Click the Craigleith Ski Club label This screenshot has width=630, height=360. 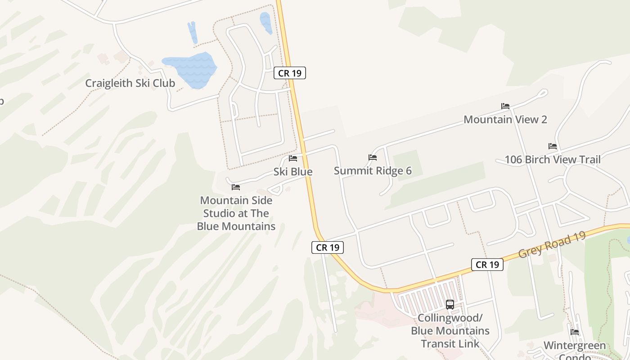[x=130, y=83]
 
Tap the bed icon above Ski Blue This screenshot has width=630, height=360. [x=293, y=158]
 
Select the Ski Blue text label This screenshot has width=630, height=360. [x=293, y=172]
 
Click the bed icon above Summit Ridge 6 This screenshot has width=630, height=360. [x=373, y=157]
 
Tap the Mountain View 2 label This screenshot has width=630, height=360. [x=505, y=120]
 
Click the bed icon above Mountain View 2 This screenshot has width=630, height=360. [x=505, y=106]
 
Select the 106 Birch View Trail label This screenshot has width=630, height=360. [x=553, y=160]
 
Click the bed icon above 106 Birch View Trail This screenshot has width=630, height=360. [x=553, y=146]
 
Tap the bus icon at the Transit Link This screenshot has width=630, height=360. [x=450, y=305]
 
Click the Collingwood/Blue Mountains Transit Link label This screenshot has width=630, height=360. [x=450, y=331]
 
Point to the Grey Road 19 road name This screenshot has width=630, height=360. [x=551, y=245]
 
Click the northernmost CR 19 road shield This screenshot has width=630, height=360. [x=290, y=73]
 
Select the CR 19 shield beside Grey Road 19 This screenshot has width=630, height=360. [x=487, y=265]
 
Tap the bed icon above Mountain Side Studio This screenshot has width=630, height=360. [x=236, y=187]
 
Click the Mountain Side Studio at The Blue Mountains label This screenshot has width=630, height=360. [x=236, y=213]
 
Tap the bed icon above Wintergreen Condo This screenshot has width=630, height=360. [x=575, y=332]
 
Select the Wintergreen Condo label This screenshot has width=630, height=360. [x=575, y=349]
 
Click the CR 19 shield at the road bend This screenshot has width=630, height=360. [x=328, y=247]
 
